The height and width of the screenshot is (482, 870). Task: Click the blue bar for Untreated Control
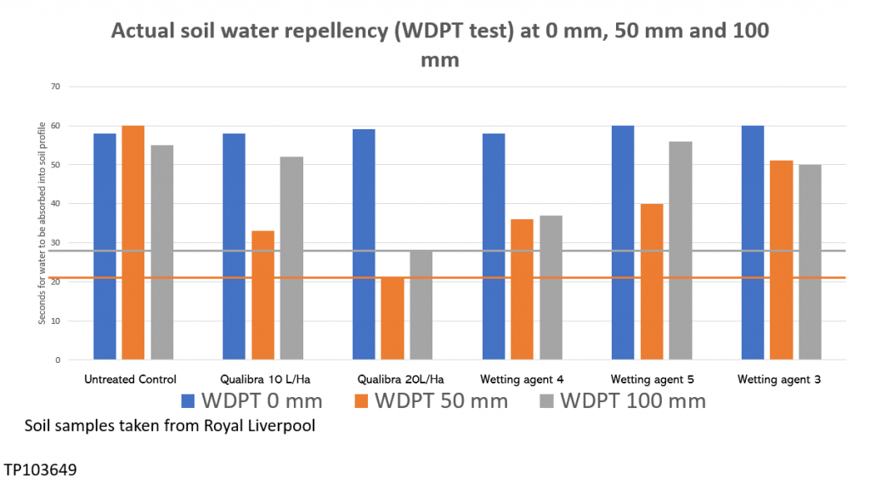click(105, 247)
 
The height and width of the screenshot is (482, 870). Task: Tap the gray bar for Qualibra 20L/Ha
click(421, 304)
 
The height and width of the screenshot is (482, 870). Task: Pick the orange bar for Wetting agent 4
click(522, 289)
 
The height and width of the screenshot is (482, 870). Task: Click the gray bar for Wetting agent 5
click(680, 250)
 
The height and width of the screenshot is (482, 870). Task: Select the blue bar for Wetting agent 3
click(753, 242)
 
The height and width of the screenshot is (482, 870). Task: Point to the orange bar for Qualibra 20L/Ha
click(393, 318)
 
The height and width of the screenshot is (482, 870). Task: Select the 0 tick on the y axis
click(58, 360)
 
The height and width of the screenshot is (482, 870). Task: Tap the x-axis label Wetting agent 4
click(522, 378)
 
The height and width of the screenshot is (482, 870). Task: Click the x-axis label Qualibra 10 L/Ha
click(263, 378)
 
